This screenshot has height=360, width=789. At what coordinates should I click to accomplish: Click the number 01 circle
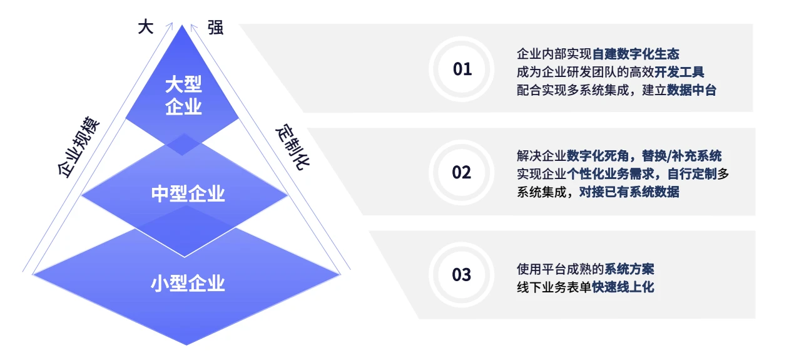click(x=462, y=69)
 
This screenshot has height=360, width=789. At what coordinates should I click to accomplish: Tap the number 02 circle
click(x=462, y=172)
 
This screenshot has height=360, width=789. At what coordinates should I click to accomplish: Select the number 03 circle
click(x=462, y=275)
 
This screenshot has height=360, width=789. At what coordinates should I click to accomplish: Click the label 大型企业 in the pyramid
click(x=184, y=95)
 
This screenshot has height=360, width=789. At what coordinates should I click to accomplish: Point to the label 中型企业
click(x=188, y=194)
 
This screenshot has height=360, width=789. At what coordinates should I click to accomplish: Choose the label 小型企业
click(x=188, y=284)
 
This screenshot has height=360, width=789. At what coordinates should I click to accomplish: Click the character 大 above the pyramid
click(x=145, y=28)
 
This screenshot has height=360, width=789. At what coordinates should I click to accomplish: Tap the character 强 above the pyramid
click(x=215, y=28)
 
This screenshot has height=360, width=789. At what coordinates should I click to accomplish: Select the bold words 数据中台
click(x=691, y=90)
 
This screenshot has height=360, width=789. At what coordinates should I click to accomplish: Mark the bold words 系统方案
click(x=629, y=269)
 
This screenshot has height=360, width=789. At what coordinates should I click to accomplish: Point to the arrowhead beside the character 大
click(x=170, y=25)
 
